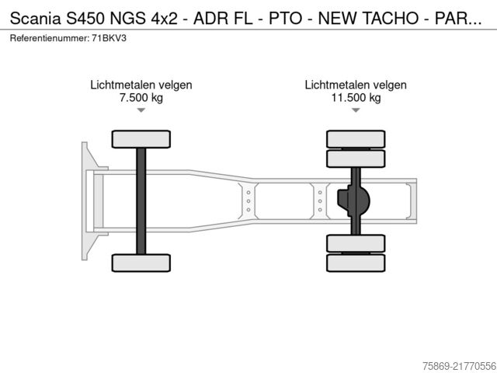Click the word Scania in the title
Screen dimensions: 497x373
(35, 19)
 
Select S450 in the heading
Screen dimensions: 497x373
(85, 19)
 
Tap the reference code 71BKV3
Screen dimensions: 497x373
(109, 38)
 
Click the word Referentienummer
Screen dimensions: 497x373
(50, 38)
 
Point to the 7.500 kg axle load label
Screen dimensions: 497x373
(141, 97)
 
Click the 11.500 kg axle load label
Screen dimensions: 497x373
(356, 97)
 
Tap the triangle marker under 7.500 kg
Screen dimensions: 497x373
(141, 110)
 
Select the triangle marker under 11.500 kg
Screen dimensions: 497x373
(356, 110)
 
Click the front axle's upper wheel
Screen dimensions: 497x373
(141, 139)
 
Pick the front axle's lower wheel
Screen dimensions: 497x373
(141, 263)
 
